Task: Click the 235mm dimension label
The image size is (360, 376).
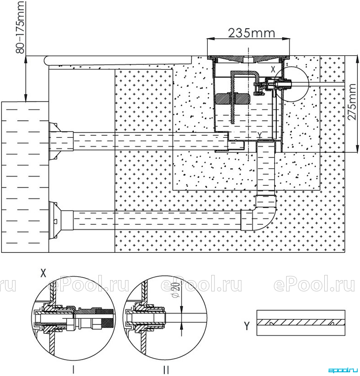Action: click(251, 33)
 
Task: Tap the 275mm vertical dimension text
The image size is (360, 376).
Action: click(352, 102)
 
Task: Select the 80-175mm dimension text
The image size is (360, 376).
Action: click(20, 27)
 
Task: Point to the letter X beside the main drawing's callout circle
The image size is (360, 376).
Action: click(273, 70)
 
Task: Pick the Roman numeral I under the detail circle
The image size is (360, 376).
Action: click(74, 369)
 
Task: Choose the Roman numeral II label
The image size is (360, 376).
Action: click(166, 369)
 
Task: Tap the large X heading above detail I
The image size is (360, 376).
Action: click(43, 273)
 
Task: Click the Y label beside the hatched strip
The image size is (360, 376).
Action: click(247, 326)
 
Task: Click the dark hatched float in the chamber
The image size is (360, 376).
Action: click(233, 99)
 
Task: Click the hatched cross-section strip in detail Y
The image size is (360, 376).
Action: click(301, 322)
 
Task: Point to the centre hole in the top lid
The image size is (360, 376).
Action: click(248, 60)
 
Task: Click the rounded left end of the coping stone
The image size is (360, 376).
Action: click(47, 60)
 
